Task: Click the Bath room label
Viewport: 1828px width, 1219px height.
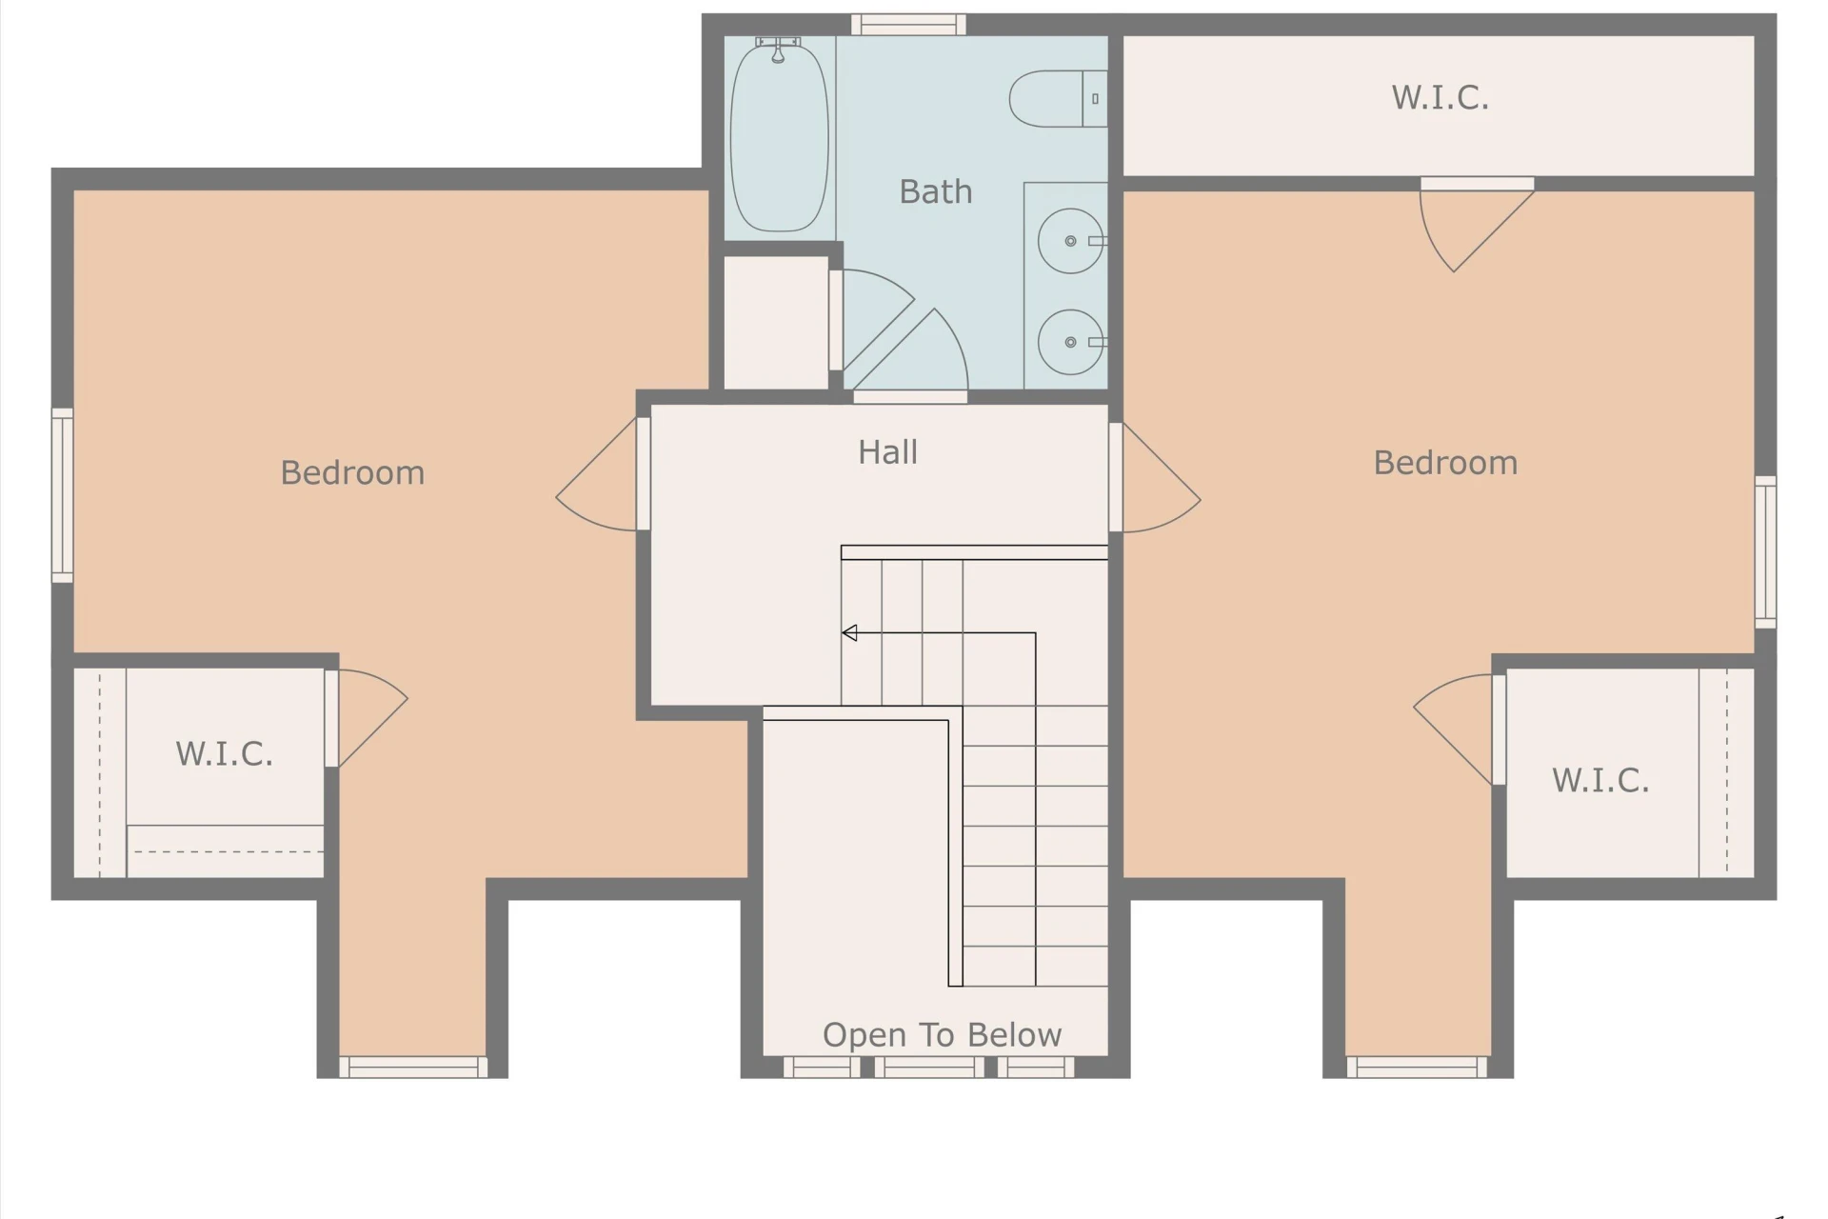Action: (x=936, y=192)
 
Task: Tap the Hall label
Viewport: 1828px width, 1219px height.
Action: (x=887, y=451)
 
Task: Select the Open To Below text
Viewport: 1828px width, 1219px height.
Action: (x=942, y=1035)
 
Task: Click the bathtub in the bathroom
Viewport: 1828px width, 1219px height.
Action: (x=779, y=136)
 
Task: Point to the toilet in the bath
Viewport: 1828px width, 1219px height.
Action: (x=1058, y=99)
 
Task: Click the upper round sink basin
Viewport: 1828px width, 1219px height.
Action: (x=1070, y=241)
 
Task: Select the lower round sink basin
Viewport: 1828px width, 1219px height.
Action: (x=1070, y=342)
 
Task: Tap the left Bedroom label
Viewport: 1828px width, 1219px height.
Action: (x=352, y=473)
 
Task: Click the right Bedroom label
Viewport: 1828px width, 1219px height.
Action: (x=1445, y=463)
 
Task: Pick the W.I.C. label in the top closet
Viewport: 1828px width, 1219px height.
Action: (x=1440, y=97)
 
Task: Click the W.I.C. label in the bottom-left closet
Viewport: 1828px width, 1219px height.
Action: (x=224, y=754)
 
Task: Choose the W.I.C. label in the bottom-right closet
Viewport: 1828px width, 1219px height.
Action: (x=1600, y=781)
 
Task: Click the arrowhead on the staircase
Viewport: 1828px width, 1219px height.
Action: (x=849, y=633)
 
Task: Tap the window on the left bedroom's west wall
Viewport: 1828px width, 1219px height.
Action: (x=62, y=495)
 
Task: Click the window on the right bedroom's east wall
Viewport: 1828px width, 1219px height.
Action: (x=1765, y=552)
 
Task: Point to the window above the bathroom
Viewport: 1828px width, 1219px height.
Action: (x=908, y=25)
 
